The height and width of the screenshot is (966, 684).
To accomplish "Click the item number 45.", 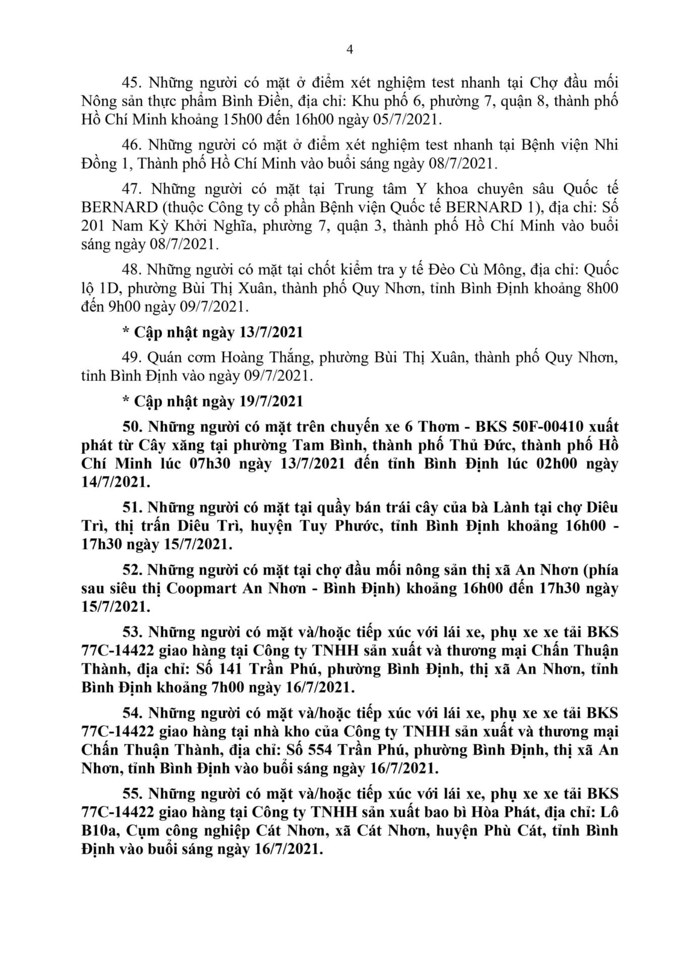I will [132, 83].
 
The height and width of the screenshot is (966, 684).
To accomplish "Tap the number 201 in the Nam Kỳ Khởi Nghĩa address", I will [93, 226].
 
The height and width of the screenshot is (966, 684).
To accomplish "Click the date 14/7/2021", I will [115, 482].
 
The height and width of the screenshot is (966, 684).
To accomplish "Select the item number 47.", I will [133, 189].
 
